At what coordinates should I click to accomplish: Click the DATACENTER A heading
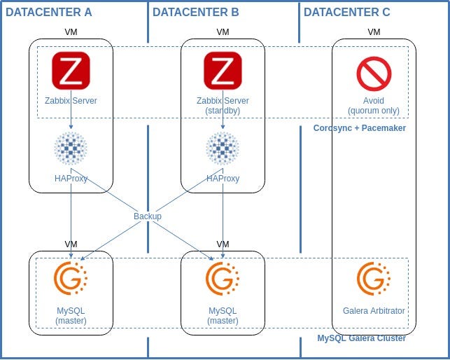click(48, 13)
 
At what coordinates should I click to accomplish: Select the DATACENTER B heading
click(195, 13)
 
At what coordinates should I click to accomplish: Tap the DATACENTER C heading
click(346, 13)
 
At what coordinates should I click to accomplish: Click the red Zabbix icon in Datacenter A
click(71, 71)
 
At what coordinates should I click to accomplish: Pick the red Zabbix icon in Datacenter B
click(223, 71)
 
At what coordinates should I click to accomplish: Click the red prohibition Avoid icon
click(374, 74)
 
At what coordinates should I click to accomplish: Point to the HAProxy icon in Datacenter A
click(71, 148)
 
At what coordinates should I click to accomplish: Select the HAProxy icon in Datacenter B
click(223, 148)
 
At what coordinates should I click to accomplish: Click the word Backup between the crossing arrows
click(148, 216)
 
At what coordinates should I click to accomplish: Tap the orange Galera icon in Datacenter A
click(71, 278)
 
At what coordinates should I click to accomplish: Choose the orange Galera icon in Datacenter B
click(223, 278)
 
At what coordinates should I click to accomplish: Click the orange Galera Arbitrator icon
click(374, 278)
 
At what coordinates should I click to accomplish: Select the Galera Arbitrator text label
click(374, 311)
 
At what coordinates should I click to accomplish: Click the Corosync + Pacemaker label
click(360, 128)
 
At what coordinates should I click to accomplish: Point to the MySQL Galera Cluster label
click(361, 338)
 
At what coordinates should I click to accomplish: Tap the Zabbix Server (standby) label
click(223, 106)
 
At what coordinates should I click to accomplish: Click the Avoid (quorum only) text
click(374, 106)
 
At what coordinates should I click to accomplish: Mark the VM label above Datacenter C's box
click(374, 32)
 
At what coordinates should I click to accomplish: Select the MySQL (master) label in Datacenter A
click(71, 315)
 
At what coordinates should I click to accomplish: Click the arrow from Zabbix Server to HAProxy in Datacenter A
click(71, 117)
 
